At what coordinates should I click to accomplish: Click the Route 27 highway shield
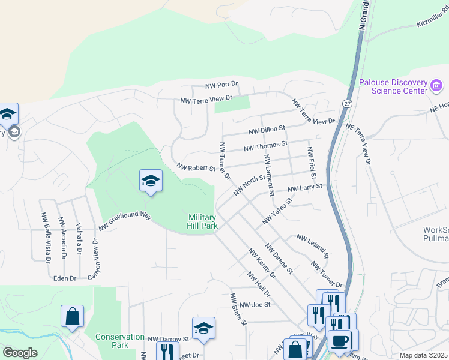point(347,103)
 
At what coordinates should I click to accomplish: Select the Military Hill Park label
point(202,221)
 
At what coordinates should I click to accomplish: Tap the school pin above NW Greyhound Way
point(151,181)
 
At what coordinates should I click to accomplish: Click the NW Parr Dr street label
point(221,86)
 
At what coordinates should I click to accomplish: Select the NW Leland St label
point(312,246)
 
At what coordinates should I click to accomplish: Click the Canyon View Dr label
point(95,256)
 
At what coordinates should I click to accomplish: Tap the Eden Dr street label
point(65,278)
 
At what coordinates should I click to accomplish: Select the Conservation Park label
point(120,341)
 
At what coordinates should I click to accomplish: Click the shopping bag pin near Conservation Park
point(72,317)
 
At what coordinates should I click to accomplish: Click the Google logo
point(20,352)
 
